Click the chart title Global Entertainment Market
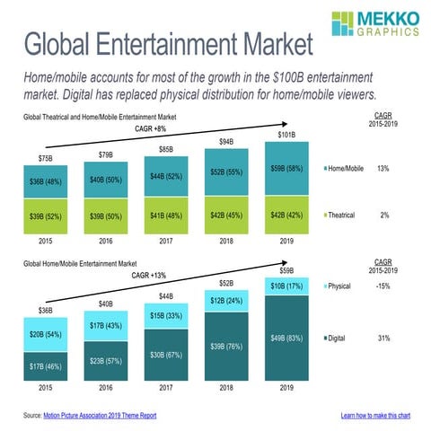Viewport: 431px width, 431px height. click(168, 45)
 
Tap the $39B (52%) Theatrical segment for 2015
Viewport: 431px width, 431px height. click(45, 215)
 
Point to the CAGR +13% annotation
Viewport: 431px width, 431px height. click(151, 276)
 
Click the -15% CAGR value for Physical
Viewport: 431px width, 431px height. click(383, 287)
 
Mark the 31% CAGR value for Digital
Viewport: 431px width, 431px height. click(383, 339)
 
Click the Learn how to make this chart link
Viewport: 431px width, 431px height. click(376, 416)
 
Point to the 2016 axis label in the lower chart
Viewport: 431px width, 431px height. click(106, 388)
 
